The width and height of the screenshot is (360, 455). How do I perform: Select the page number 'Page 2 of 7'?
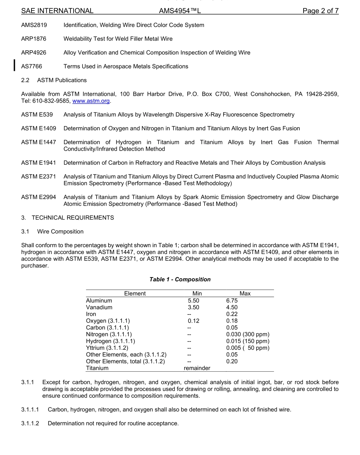tap(320, 11)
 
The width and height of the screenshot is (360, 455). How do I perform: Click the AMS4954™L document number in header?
tap(180, 11)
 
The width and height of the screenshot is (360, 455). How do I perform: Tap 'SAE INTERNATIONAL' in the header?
tap(57, 11)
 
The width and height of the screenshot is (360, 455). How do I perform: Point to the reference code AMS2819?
tap(34, 25)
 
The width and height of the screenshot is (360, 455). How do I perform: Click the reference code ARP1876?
tap(34, 39)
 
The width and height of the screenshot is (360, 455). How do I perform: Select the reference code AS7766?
tap(31, 66)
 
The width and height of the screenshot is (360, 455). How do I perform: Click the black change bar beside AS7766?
tap(14, 65)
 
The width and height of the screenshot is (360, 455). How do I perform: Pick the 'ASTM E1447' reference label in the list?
tap(38, 142)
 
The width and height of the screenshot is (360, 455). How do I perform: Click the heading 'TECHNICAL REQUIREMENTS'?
tap(73, 218)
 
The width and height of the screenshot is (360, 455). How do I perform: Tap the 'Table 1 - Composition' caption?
tap(180, 279)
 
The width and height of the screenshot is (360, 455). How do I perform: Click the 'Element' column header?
tap(135, 293)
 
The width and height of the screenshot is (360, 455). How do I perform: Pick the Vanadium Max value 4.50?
tap(232, 307)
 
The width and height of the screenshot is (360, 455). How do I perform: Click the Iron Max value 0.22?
tap(232, 314)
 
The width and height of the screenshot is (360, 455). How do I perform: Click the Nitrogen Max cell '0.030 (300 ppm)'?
tap(247, 335)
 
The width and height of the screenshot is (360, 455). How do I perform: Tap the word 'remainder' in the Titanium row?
tap(197, 368)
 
